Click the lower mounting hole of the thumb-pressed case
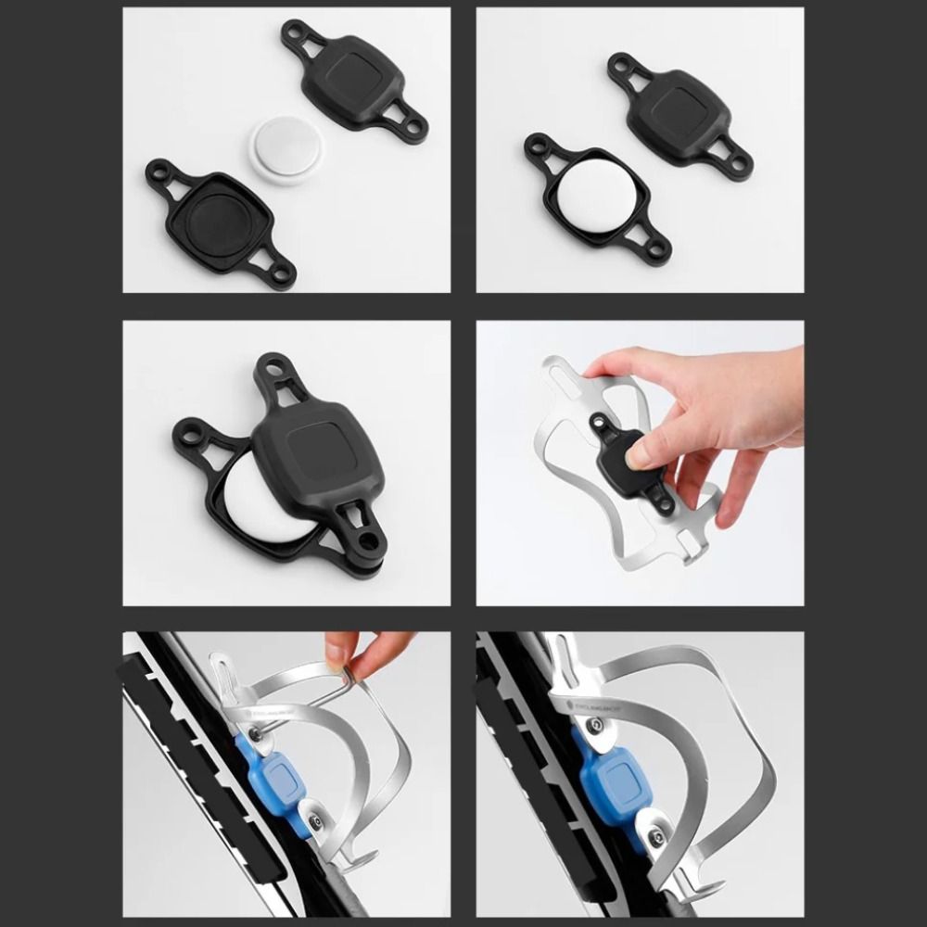tap(665, 506)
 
